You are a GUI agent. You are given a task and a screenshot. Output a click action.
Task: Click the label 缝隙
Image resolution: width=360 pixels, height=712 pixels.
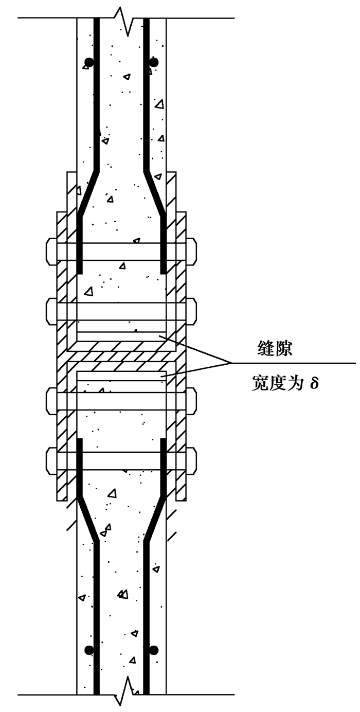point(275,349)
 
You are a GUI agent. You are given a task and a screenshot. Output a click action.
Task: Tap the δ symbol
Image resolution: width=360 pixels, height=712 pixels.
point(314,383)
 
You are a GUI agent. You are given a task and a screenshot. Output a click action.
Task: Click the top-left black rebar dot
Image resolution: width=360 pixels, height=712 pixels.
point(89,62)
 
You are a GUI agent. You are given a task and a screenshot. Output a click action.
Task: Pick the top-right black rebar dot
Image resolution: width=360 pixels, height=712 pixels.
point(153,62)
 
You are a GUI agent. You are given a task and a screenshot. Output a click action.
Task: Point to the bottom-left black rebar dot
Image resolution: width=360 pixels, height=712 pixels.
point(89,650)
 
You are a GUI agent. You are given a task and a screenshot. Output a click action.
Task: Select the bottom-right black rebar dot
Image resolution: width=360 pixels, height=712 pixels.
point(153,650)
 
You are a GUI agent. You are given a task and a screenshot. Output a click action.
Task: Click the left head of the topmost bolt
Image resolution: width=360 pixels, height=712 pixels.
point(51,251)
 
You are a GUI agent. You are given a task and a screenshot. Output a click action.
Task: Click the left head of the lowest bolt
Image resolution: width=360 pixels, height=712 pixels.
point(51,460)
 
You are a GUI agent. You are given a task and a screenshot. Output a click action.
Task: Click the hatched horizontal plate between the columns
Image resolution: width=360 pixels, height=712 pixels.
point(121,355)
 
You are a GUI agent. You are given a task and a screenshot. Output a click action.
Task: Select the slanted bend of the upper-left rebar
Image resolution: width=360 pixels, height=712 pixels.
point(88,192)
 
